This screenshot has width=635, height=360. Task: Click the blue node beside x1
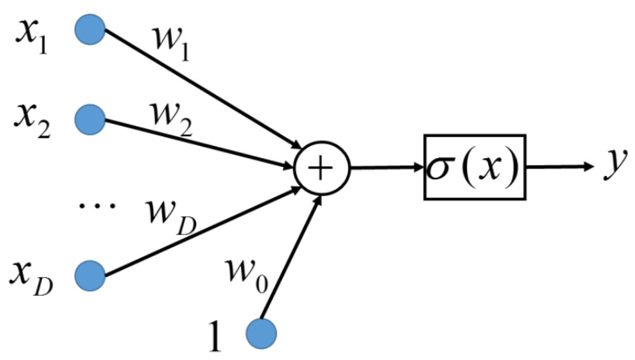pos(91,31)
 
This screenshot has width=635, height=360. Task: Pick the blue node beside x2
pos(91,119)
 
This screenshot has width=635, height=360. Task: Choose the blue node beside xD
pos(91,274)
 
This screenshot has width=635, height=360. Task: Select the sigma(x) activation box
pos(474,169)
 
